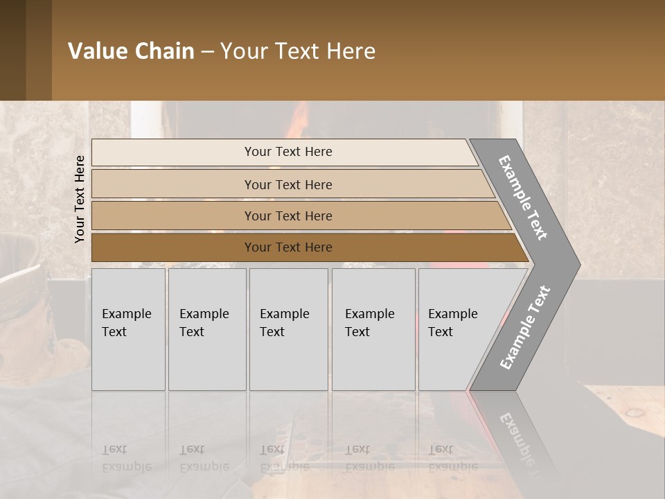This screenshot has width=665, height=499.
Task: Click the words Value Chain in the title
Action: coord(131,51)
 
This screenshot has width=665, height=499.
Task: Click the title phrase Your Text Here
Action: coord(298,51)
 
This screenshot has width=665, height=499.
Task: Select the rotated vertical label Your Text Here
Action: coord(80,199)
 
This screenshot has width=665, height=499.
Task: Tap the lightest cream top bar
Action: coord(287,152)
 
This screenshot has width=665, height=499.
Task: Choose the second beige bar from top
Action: coord(287,184)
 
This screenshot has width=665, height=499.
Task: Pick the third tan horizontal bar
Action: coord(287,216)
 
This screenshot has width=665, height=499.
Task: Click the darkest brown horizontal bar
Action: coord(287,247)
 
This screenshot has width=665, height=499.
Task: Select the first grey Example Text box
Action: coord(128,329)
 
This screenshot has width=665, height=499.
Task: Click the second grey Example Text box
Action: coord(206,329)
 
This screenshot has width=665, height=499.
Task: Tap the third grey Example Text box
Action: coord(287,329)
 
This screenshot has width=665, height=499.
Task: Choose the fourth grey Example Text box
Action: coord(373,329)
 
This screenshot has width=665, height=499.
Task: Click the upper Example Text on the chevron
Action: coord(523,198)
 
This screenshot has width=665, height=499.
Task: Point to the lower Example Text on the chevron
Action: coord(525,328)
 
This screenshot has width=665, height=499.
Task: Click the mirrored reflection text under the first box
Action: coord(127,457)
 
